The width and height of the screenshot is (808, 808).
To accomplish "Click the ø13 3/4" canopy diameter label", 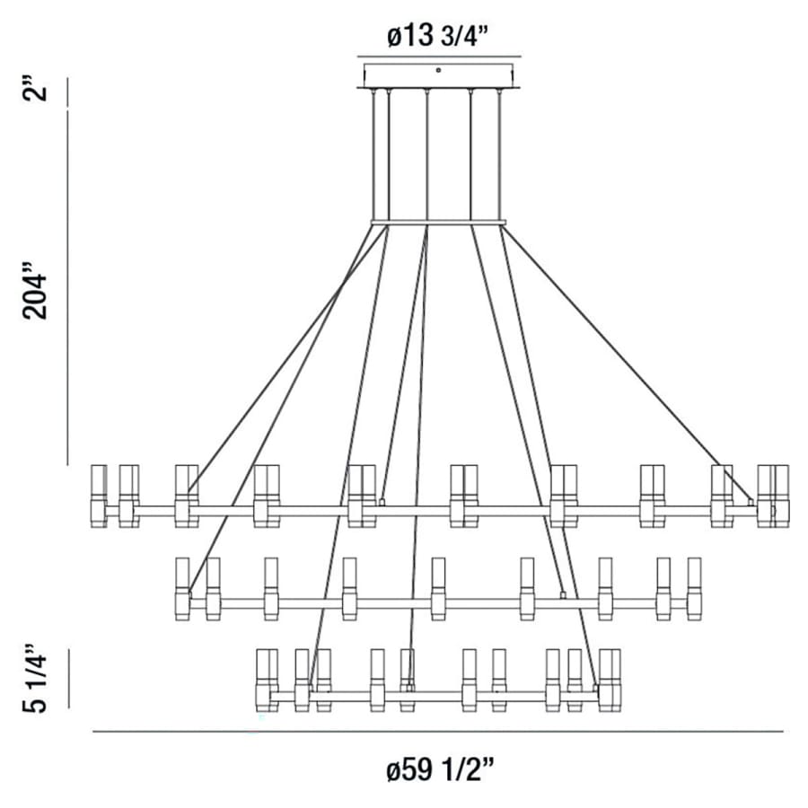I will click(437, 37).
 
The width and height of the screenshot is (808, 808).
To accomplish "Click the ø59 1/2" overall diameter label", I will click(437, 770).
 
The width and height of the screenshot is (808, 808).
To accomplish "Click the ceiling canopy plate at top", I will click(437, 75).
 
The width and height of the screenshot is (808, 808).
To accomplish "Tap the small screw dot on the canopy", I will click(437, 69).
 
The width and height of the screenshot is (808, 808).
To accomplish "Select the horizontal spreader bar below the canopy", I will click(438, 222).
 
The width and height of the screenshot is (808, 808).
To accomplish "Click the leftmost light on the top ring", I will click(99, 495).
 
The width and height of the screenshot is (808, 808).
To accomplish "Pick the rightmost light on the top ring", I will click(780, 495).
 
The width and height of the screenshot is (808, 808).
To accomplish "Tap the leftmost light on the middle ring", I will click(182, 588).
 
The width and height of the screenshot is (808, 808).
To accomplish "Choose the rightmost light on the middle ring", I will click(693, 588).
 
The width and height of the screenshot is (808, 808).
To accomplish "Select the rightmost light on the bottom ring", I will click(615, 681).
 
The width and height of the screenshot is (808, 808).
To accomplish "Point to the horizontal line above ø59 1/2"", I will click(437, 732).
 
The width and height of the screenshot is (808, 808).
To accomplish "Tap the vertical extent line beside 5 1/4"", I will click(69, 680).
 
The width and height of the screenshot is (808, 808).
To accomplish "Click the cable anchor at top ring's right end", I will click(751, 503).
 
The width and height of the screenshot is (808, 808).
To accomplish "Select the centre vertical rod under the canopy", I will click(427, 153).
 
